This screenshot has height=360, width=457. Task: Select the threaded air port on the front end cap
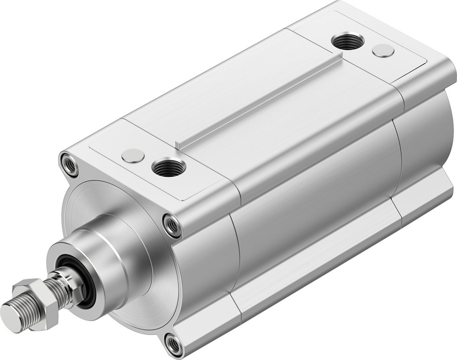169,168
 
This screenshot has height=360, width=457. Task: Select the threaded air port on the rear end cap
348,42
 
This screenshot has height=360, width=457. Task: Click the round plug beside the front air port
133,156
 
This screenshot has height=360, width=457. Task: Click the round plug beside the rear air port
383,50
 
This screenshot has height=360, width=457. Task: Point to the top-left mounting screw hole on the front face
69,164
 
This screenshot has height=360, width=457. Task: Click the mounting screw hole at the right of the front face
172,225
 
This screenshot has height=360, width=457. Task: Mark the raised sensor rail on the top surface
260,101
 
